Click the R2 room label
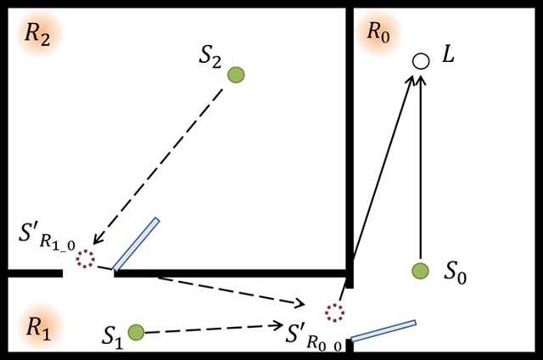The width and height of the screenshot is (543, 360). (36, 35)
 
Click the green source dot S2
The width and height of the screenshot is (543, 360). (236, 75)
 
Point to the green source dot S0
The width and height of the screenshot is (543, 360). (420, 271)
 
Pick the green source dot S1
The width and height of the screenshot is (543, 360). (135, 331)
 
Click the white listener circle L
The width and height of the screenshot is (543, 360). (420, 61)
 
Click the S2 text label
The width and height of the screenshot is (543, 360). (210, 56)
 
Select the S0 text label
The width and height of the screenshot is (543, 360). (456, 273)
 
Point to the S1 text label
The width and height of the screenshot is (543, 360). (113, 334)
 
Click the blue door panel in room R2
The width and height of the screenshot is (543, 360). (136, 245)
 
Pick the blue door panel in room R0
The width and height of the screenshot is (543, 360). (383, 330)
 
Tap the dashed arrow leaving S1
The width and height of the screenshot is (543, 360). (212, 328)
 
